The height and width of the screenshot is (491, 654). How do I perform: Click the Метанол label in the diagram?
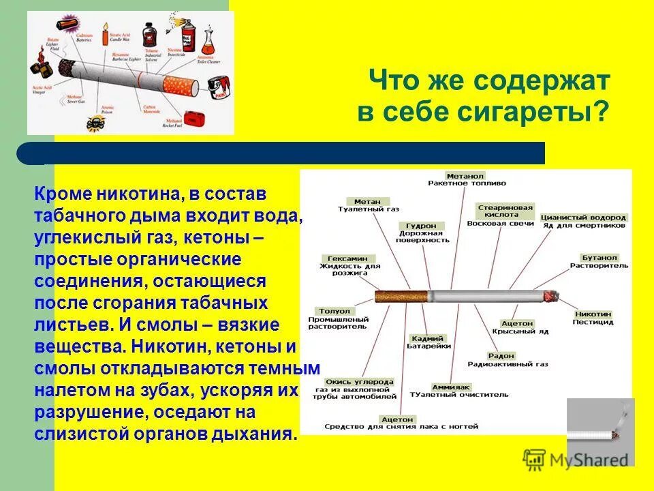coord(466,175)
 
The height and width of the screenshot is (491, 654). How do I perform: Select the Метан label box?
coord(367,202)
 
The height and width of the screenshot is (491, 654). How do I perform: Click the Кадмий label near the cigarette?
coord(427,338)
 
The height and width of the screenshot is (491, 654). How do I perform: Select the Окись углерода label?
coord(350,382)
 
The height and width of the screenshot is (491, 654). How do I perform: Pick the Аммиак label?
coord(450,387)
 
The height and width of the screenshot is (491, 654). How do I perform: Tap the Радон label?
coord(501,356)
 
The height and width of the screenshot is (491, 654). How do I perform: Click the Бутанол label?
coord(599,258)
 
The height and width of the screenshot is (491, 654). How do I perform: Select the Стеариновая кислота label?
coord(505,210)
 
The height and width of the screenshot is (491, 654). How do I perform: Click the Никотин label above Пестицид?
coord(592,314)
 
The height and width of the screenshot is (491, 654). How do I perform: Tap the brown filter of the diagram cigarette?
coord(401,297)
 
